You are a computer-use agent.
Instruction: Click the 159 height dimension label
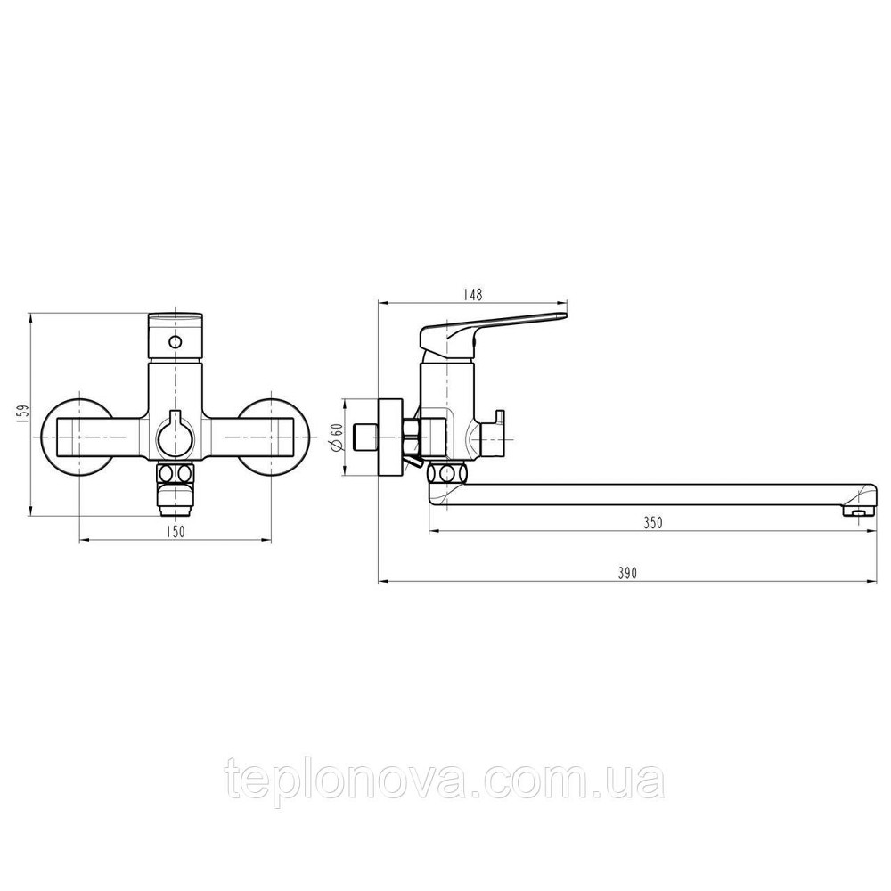[23, 413]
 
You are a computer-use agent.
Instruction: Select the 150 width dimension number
[176, 532]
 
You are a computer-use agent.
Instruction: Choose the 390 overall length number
[626, 575]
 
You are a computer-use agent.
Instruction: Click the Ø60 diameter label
[337, 437]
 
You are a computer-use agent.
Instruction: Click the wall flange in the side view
[389, 437]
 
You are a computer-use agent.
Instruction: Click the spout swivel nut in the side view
[447, 472]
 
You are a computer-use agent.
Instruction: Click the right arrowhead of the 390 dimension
[869, 582]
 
